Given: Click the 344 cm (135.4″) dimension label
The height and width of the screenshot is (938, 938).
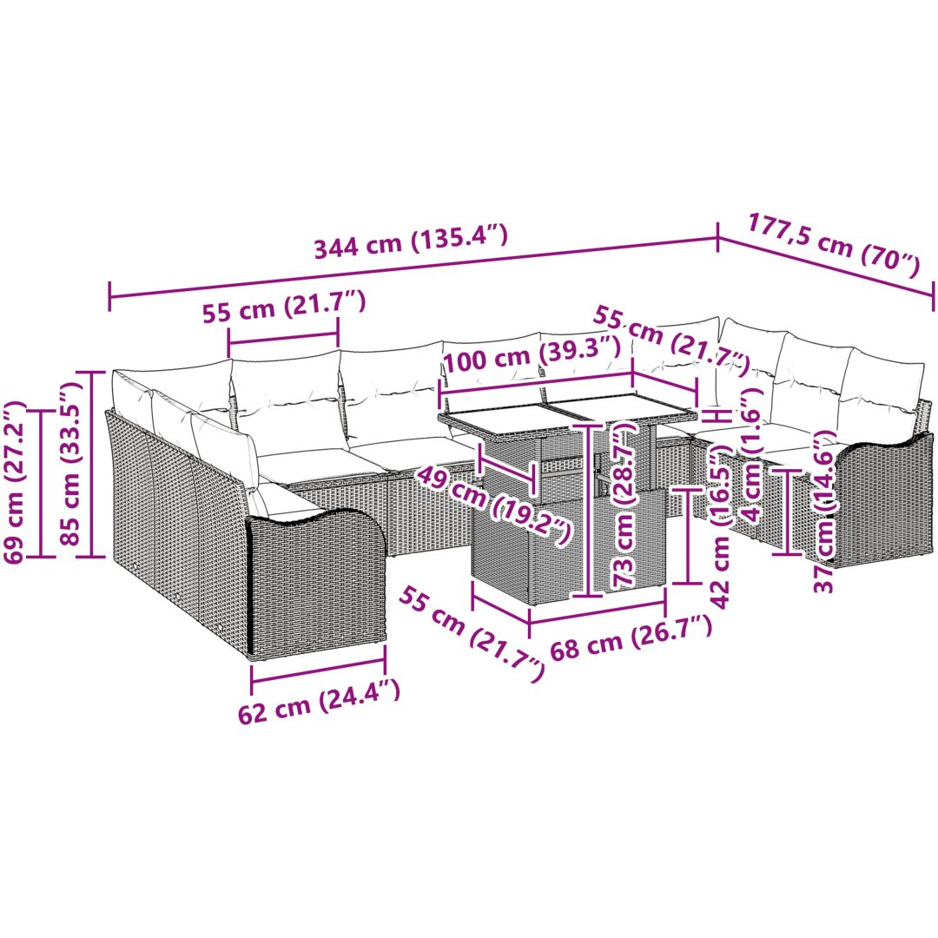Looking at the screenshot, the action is point(411,241).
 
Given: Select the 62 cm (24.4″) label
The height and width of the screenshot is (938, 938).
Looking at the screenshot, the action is point(319,701).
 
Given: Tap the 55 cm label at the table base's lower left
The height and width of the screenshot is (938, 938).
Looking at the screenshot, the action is point(472,635).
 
